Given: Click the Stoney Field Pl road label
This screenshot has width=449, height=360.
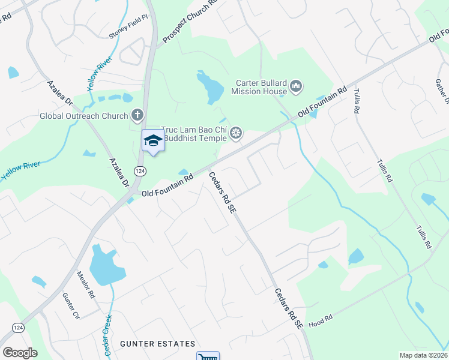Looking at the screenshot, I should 128,27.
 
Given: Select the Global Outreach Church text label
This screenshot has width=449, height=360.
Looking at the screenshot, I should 83,116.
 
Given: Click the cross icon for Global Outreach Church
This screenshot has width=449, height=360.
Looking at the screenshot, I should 137,115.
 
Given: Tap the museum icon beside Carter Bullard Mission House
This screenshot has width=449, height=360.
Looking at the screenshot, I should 296,88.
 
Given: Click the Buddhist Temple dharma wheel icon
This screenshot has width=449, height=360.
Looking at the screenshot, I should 236,133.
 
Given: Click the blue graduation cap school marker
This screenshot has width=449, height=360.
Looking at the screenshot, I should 152,140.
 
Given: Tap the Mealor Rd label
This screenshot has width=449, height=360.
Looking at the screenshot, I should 86,284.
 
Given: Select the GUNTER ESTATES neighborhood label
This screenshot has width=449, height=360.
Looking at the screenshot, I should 157,344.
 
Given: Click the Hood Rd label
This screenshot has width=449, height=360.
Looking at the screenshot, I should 321,322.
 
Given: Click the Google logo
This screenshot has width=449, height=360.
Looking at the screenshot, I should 20,353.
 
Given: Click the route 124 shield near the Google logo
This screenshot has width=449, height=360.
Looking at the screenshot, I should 17,327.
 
